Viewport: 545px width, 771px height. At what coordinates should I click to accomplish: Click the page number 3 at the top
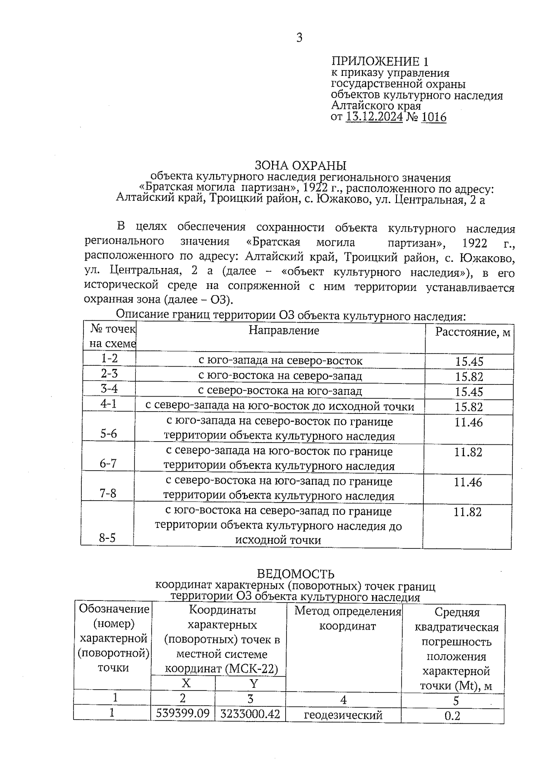(299, 38)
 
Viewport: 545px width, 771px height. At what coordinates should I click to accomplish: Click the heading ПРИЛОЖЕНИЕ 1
(380, 61)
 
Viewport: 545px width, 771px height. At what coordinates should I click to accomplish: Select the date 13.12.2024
(374, 118)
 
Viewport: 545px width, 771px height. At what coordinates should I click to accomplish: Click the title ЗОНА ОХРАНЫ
(301, 165)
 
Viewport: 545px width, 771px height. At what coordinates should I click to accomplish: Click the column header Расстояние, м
(472, 333)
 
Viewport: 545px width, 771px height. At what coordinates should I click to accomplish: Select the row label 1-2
(109, 358)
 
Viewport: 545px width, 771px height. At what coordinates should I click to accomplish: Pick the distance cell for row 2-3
(469, 377)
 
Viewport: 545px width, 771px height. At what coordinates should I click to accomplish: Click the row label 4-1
(109, 403)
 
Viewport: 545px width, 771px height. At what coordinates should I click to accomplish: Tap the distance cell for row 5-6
(468, 423)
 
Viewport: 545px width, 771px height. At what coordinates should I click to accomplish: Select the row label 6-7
(108, 463)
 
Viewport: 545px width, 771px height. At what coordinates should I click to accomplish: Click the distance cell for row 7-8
(468, 482)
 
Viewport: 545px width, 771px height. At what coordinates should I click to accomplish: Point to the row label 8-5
(107, 538)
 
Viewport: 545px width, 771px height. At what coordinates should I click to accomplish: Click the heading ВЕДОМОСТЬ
(296, 574)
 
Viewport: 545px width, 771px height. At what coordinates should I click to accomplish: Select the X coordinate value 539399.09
(183, 713)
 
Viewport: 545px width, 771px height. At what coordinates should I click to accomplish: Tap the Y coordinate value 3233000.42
(250, 714)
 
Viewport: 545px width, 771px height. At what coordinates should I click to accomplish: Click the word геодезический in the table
(343, 715)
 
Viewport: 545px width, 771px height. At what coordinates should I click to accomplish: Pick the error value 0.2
(452, 716)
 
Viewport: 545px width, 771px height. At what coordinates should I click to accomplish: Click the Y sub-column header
(253, 683)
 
